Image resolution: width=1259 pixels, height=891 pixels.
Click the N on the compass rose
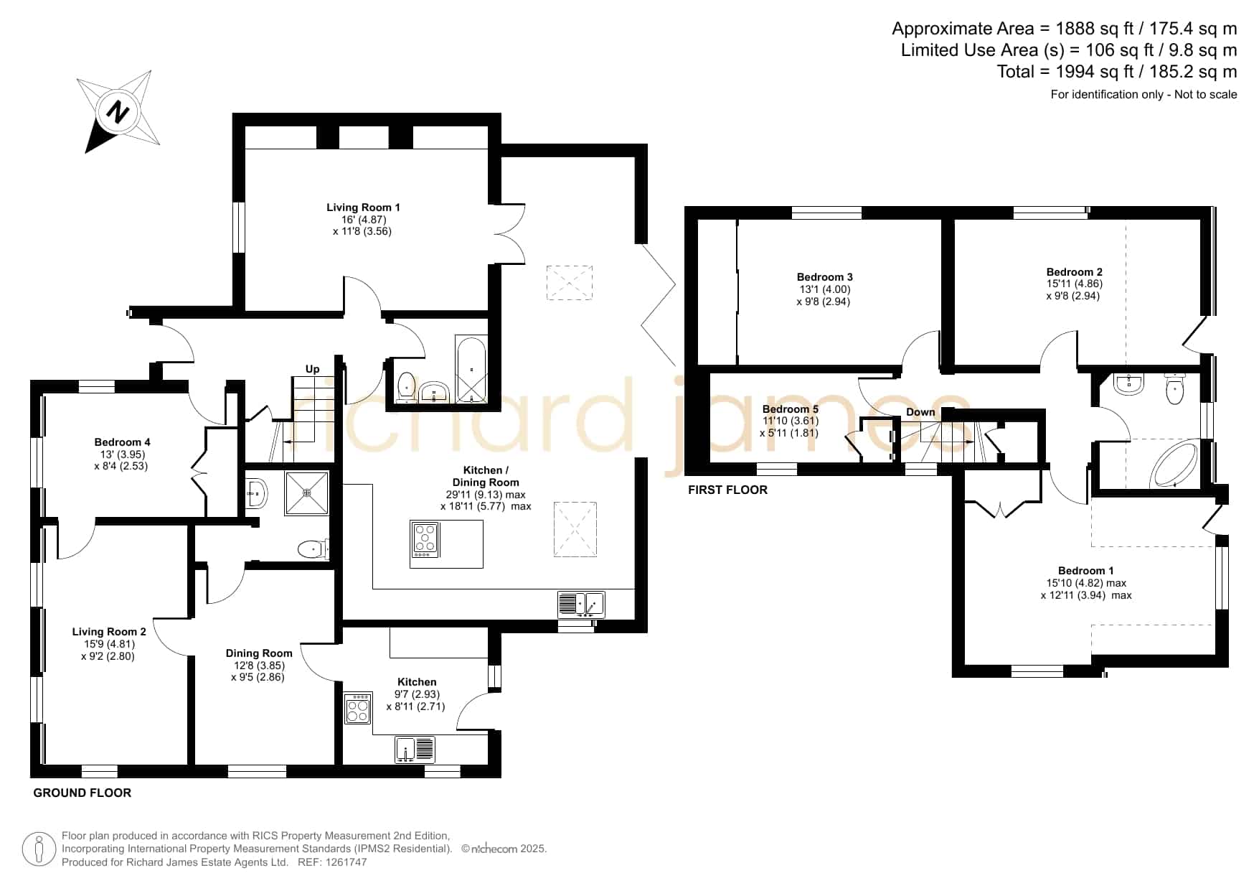coord(118,112)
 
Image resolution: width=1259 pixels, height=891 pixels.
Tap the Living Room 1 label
coord(363,207)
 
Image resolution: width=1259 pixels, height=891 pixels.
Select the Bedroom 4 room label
coord(122,442)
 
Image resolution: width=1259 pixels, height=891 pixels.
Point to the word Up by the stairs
coord(312,369)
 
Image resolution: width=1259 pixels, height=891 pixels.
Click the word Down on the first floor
coord(920,412)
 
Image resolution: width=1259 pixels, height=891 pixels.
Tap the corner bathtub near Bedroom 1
coord(1174,465)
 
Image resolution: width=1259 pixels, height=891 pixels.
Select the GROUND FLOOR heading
coord(82,793)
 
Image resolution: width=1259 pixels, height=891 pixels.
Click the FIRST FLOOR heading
coord(727,490)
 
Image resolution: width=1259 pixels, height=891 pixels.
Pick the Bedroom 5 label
coord(790,409)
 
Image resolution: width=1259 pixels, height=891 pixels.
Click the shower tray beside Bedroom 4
coord(307,493)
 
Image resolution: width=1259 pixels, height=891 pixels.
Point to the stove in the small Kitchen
coord(357,708)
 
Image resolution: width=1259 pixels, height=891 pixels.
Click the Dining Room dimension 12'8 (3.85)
coord(258,665)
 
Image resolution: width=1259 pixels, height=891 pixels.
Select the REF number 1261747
coord(344,862)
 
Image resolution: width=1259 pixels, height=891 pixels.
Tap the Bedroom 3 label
coord(824,277)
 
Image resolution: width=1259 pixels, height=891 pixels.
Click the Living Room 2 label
coord(109,632)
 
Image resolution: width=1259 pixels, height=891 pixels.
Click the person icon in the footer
coord(39,849)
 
